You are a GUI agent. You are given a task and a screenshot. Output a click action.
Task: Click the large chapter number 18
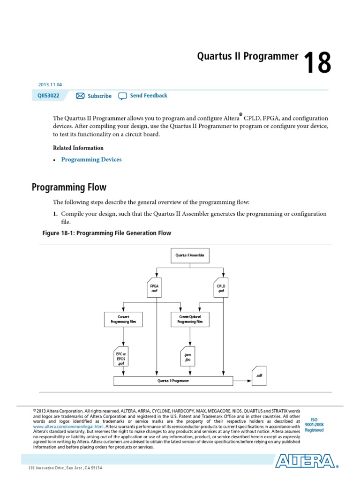[317, 63]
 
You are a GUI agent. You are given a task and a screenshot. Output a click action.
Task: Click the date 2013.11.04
[50, 85]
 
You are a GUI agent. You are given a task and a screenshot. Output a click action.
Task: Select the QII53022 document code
[49, 96]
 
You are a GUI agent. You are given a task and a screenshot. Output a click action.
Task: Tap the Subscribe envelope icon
[80, 96]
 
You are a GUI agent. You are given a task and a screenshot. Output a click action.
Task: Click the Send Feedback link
[148, 96]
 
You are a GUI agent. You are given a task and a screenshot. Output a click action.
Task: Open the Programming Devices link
[91, 159]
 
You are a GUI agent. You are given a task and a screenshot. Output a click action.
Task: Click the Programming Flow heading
[69, 187]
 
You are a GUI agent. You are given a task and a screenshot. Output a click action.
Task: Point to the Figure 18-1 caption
[106, 233]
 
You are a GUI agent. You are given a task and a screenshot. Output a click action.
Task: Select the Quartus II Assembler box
[190, 255]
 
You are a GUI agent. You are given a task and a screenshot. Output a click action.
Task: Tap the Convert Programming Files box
[123, 320]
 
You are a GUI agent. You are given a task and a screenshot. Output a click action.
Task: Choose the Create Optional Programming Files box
[190, 320]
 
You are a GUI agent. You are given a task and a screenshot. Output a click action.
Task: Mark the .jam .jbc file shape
[187, 357]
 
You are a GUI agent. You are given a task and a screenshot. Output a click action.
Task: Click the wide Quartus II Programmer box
[173, 381]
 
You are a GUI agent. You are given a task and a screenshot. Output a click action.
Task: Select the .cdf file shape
[259, 375]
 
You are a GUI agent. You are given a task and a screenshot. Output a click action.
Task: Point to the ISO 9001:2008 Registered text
[314, 425]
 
